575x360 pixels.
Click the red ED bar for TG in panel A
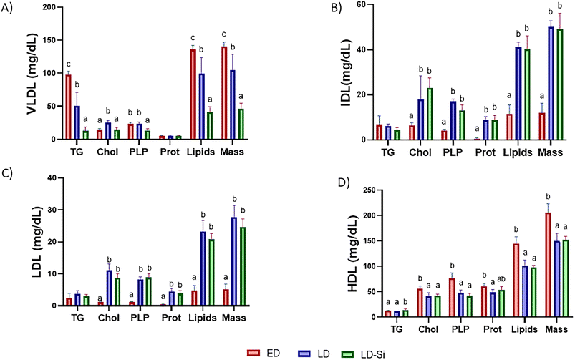click(x=69, y=107)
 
